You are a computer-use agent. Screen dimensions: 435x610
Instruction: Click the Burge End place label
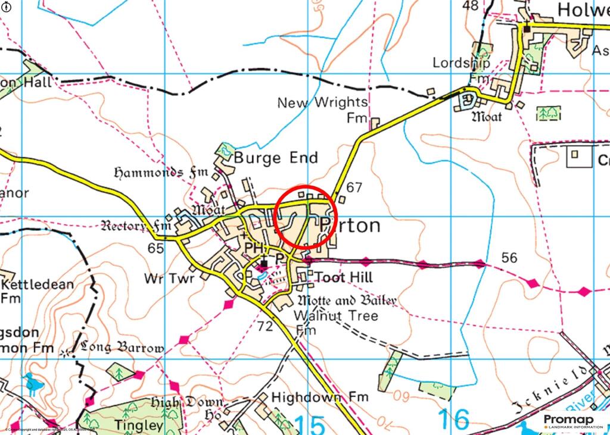pos(275,158)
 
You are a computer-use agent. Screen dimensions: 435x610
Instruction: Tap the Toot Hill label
pos(343,277)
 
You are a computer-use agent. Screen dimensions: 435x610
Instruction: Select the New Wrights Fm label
pos(322,109)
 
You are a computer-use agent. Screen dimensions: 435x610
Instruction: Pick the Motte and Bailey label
pos(347,301)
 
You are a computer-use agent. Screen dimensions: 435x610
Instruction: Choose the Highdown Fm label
pos(319,396)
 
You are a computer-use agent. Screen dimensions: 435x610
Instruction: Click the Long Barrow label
pos(122,348)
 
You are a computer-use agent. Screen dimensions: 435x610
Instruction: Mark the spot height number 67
pos(354,187)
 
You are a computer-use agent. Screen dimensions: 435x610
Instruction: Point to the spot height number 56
pos(509,258)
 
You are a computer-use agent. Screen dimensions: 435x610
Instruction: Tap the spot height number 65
pos(155,248)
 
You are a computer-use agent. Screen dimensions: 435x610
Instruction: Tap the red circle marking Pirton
pos(306,217)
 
